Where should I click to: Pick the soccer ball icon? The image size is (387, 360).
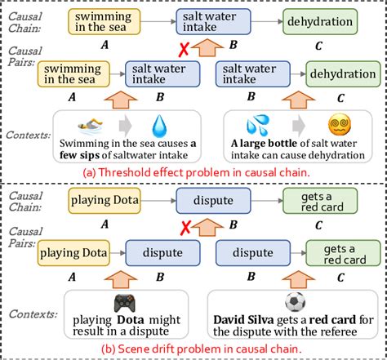[291, 301]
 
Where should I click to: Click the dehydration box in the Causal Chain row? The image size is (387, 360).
[333, 22]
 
